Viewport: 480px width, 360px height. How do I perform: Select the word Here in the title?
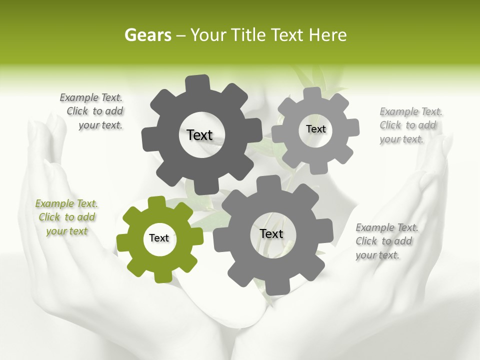[328, 35]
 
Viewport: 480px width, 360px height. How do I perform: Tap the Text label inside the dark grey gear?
[199, 135]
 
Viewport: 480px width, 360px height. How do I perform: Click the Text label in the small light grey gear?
[315, 129]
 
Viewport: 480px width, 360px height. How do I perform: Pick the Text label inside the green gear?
[159, 238]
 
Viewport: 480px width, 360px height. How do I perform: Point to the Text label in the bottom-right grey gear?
[271, 233]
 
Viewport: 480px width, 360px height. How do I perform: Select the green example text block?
[66, 217]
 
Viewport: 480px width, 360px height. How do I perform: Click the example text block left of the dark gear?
[92, 111]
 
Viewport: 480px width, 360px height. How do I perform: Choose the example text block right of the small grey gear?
[410, 125]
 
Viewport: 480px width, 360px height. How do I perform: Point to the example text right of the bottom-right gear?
[386, 241]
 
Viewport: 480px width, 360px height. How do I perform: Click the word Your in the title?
[207, 35]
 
